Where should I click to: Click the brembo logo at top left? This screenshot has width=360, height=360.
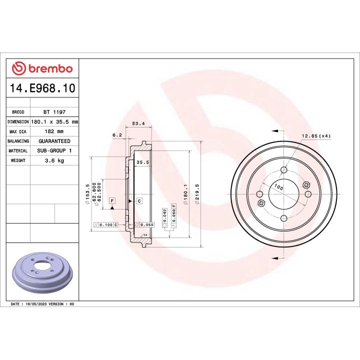[x=42, y=68]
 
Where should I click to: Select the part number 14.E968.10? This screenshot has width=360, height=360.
[x=42, y=88]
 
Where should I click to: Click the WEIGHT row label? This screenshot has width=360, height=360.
[x=18, y=160]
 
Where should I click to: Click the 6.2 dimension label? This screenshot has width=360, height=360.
[x=117, y=135]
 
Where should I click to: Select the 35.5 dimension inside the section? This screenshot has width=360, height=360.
[x=143, y=162]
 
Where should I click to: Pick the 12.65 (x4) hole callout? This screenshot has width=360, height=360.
[x=316, y=135]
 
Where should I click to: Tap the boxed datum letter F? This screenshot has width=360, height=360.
[x=113, y=201]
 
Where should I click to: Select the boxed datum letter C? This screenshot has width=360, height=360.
[x=139, y=201]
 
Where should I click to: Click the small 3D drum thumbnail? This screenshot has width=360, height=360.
[x=42, y=274]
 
